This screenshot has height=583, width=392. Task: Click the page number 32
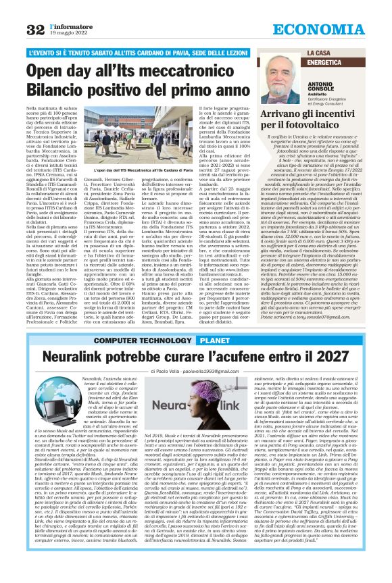coord(35,29)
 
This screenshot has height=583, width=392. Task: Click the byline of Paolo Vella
coord(195,372)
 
